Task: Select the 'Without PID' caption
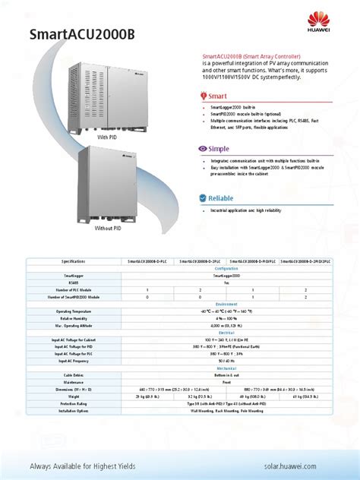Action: [x=107, y=228]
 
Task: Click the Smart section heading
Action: [x=218, y=96]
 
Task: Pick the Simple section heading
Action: [x=219, y=149]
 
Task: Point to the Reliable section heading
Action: [x=221, y=198]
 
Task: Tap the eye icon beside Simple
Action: [x=202, y=149]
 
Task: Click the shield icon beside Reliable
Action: [x=203, y=198]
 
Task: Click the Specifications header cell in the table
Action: [x=74, y=261]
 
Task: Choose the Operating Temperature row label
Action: [x=74, y=311]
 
